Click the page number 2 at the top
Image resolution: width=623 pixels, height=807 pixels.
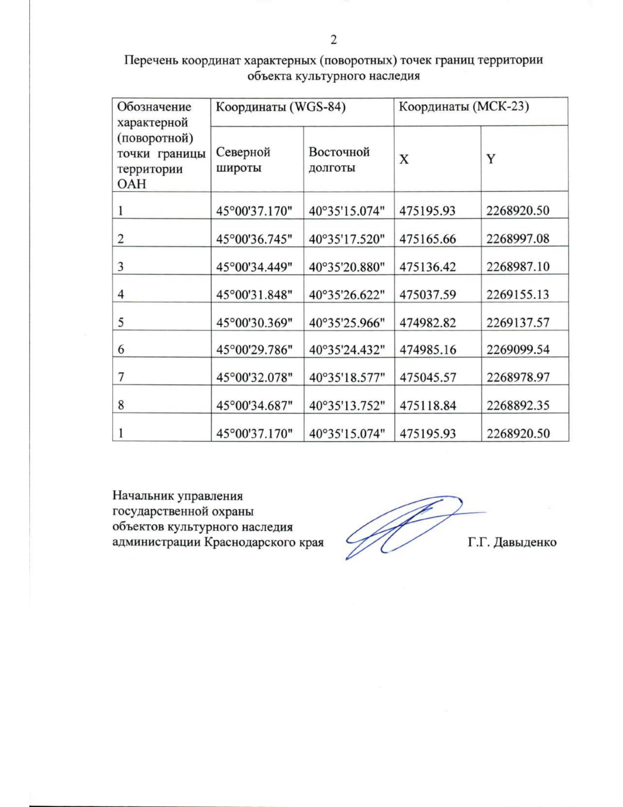(x=333, y=40)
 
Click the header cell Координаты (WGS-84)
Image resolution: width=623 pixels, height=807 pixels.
(x=281, y=108)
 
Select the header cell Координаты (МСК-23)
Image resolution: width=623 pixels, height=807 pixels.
(x=464, y=108)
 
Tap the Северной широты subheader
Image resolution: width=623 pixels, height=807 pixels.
(x=243, y=160)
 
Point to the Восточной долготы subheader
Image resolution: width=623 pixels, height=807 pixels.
(x=339, y=160)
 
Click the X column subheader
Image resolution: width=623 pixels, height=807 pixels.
(x=404, y=160)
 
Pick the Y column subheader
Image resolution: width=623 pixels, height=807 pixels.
(x=491, y=160)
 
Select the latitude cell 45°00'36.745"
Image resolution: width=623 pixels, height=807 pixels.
(x=254, y=239)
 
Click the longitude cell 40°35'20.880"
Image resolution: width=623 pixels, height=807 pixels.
(x=347, y=267)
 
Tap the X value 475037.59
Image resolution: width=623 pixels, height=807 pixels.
(x=428, y=295)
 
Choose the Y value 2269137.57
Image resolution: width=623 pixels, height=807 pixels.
(x=518, y=323)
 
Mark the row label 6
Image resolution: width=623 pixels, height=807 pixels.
(x=121, y=350)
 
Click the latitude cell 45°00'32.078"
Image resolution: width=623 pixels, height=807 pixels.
(x=254, y=378)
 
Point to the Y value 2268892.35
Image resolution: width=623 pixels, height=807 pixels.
(x=518, y=406)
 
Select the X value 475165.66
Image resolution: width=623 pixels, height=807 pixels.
(x=428, y=239)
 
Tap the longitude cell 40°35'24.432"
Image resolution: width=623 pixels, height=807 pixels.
(x=347, y=350)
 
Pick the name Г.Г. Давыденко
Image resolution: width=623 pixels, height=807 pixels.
(x=512, y=543)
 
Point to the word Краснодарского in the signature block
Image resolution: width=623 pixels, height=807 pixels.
(x=247, y=543)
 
